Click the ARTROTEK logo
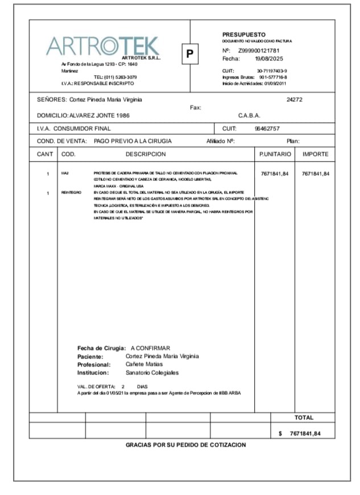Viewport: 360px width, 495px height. tap(103, 46)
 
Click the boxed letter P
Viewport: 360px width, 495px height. tap(191, 55)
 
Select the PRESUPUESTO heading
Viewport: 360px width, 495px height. tap(243, 35)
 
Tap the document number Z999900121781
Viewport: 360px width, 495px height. tap(259, 51)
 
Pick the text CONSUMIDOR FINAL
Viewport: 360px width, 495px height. tap(85, 129)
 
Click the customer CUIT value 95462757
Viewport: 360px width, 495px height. tap(267, 129)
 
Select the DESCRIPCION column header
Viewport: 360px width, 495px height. tap(146, 154)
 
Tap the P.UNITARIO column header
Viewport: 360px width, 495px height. tap(275, 154)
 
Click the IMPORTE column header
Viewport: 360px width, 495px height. tap(315, 154)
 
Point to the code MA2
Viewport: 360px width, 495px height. tap(64, 172)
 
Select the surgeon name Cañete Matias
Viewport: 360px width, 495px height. tap(144, 364)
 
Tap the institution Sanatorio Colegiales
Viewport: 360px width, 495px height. tap(152, 373)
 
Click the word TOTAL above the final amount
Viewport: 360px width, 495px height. tap(304, 418)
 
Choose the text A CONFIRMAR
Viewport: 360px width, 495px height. tap(150, 348)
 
